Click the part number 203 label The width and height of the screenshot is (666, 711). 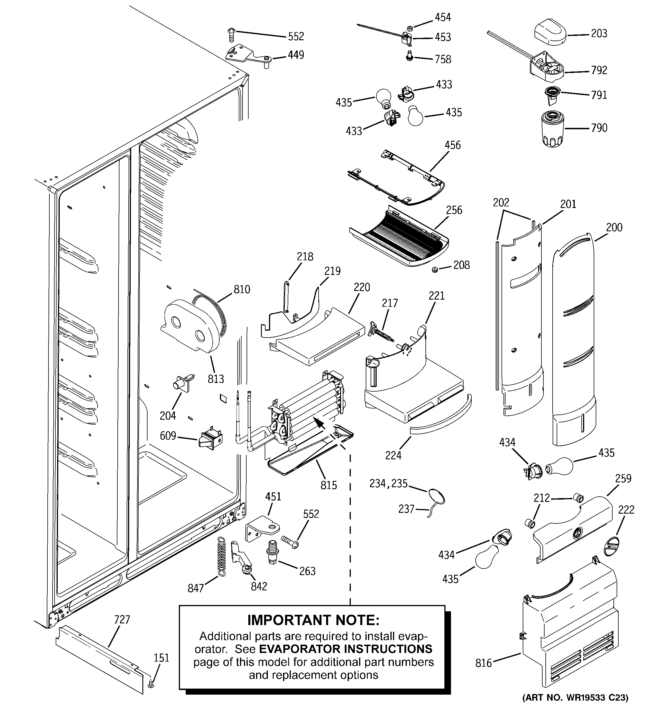pyautogui.click(x=599, y=34)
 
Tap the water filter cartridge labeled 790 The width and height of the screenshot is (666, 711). pyautogui.click(x=552, y=129)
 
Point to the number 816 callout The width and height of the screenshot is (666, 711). pyautogui.click(x=483, y=663)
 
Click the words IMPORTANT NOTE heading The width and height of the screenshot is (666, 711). pyautogui.click(x=313, y=621)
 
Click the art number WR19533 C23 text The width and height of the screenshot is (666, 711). pyautogui.click(x=575, y=697)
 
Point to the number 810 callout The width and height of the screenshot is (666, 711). pyautogui.click(x=242, y=289)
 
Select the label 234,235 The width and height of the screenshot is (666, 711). pyautogui.click(x=388, y=483)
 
